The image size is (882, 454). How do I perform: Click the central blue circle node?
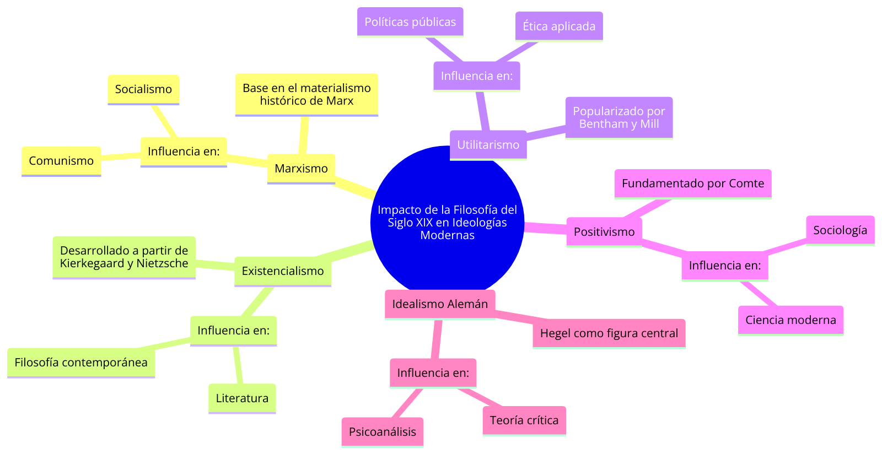[447, 222]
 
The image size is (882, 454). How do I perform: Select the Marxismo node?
[301, 169]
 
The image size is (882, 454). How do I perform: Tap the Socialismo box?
[143, 89]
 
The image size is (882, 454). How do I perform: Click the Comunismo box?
[61, 161]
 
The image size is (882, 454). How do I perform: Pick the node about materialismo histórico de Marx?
[306, 94]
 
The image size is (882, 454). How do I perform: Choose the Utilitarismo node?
[488, 145]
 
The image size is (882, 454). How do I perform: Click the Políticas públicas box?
[410, 22]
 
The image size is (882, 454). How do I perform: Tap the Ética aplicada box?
[559, 26]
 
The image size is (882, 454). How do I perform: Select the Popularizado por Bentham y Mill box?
[619, 117]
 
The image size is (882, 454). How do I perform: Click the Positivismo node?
[604, 232]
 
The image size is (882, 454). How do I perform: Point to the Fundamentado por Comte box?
[693, 183]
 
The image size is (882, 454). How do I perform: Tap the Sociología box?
[840, 230]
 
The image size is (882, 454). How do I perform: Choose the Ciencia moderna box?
[790, 320]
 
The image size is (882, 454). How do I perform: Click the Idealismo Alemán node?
[440, 304]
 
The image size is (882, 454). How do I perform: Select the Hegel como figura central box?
[609, 333]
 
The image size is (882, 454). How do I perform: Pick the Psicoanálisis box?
[383, 432]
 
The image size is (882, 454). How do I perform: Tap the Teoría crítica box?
[524, 420]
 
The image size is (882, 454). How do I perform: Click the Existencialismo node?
[283, 271]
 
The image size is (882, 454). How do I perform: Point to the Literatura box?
[242, 398]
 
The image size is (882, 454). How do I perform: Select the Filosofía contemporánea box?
[81, 363]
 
